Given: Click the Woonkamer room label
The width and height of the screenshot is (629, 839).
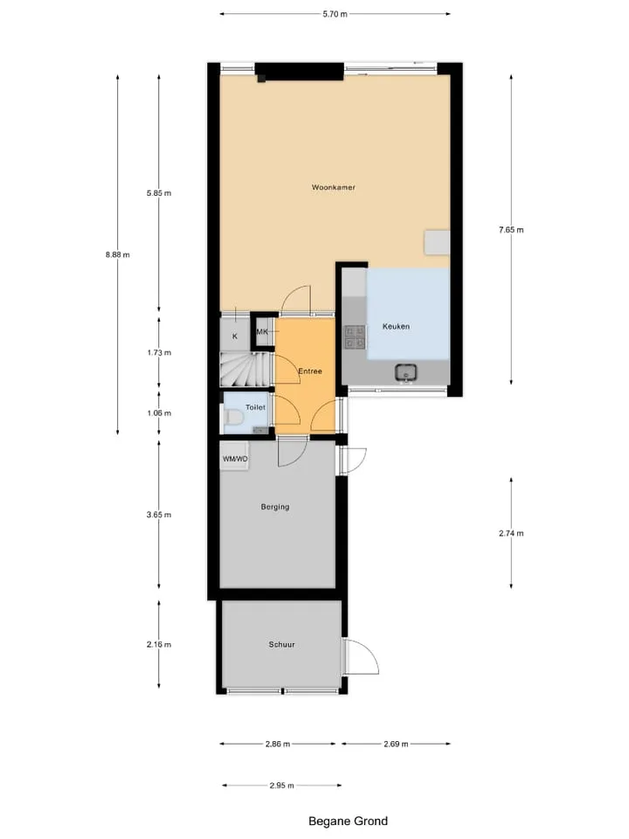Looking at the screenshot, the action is point(333,187).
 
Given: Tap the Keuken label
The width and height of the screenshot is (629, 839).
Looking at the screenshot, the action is point(396,326).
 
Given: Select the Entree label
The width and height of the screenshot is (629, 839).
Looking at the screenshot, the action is point(310,371).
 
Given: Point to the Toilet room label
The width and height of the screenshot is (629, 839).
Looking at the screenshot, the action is point(255,407).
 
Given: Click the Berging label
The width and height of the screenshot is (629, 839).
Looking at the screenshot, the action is point(275,507).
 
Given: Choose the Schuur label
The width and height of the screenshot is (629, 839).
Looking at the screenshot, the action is point(281,645).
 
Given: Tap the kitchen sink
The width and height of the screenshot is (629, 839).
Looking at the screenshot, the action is point(406,372).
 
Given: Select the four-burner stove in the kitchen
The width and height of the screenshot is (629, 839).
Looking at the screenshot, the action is point(355,336).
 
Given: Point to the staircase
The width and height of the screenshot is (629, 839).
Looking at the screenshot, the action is point(246,369).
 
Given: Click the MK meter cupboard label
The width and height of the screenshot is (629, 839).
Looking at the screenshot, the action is point(262,332).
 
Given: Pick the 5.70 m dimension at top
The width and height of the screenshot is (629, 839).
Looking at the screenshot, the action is point(335,14).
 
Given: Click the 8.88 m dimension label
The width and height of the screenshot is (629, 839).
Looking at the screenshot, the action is point(118,254).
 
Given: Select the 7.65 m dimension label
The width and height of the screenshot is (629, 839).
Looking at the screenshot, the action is point(511,230).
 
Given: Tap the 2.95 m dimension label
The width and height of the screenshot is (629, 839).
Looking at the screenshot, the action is point(282,786).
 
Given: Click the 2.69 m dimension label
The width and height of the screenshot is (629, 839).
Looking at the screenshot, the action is point(396,744).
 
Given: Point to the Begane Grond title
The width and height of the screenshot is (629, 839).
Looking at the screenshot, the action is point(349,821).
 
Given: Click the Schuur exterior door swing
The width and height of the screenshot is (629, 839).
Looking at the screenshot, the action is point(362,656).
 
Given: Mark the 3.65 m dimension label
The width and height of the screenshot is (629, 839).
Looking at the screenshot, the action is point(159,515).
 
